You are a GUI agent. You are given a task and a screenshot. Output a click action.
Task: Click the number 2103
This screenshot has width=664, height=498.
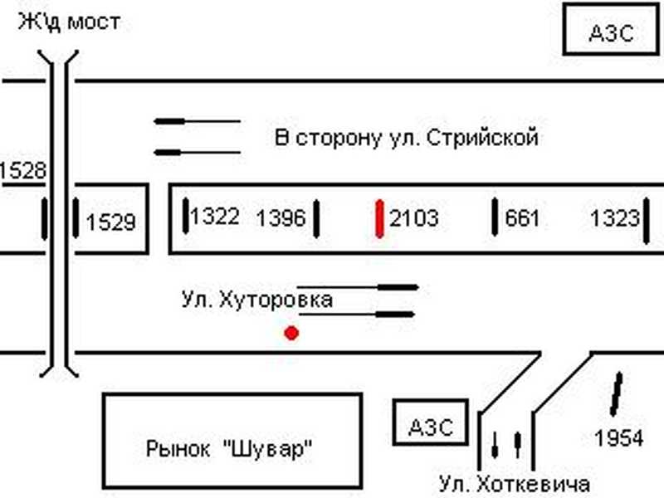click(x=413, y=219)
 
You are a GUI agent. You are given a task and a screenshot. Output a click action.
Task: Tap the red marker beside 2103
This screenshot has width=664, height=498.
click(x=379, y=219)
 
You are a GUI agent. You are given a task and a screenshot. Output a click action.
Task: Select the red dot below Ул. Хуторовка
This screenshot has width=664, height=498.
click(x=291, y=334)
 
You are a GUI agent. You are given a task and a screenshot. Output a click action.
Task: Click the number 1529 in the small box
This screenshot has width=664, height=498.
click(x=110, y=222)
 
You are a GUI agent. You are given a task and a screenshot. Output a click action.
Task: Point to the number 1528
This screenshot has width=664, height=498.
click(x=22, y=171)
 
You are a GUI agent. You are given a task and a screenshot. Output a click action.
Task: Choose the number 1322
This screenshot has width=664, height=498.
click(x=215, y=217)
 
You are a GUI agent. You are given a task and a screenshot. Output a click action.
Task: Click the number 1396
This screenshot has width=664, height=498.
click(x=281, y=219)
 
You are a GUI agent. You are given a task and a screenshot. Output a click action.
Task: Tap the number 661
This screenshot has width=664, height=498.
click(x=522, y=219)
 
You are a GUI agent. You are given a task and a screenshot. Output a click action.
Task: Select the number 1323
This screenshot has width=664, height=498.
click(x=615, y=219)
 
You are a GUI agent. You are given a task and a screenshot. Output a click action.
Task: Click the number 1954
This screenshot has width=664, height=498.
click(x=619, y=437)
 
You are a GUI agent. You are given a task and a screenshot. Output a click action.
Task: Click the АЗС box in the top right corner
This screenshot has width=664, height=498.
click(x=611, y=32)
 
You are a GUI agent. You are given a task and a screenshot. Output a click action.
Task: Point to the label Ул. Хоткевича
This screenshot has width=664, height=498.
click(x=515, y=484)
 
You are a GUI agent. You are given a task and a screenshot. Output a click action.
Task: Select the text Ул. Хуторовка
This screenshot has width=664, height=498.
click(x=257, y=299)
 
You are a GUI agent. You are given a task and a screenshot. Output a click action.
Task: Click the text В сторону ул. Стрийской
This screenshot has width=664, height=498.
click(x=407, y=138)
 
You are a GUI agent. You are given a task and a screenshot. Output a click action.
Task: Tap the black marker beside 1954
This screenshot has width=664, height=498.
click(x=616, y=394)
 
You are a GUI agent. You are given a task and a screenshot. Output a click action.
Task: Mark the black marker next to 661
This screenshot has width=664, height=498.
click(x=496, y=217)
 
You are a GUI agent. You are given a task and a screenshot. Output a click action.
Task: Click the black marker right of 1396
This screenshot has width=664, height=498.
click(x=316, y=219)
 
